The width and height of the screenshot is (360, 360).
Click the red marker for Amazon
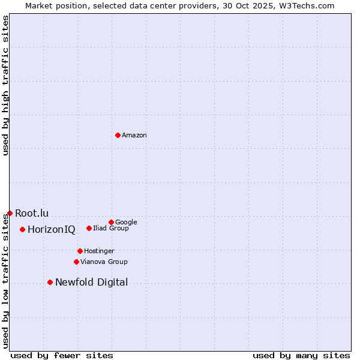pyautogui.click(x=118, y=135)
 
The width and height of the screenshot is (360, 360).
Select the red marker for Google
pyautogui.click(x=111, y=222)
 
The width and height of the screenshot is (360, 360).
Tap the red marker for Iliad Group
pyautogui.click(x=89, y=228)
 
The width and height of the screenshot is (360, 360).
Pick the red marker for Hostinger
pyautogui.click(x=80, y=251)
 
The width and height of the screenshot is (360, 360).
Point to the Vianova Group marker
pyautogui.click(x=76, y=262)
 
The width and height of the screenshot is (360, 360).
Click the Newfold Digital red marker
pyautogui.click(x=50, y=282)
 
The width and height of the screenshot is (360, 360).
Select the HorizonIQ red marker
pyautogui.click(x=22, y=229)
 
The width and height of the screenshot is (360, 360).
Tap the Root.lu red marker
pyautogui.click(x=10, y=213)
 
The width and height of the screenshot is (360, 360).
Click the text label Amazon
pyautogui.click(x=134, y=136)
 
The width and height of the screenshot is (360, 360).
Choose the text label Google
pyautogui.click(x=126, y=222)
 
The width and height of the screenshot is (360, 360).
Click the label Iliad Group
pyautogui.click(x=111, y=228)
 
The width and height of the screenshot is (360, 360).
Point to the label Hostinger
pyautogui.click(x=99, y=251)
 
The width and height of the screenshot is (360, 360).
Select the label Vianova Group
pyautogui.click(x=104, y=262)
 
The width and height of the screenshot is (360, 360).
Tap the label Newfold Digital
pyautogui.click(x=91, y=283)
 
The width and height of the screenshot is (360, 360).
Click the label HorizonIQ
pyautogui.click(x=52, y=230)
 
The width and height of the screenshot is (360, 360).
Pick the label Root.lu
pyautogui.click(x=32, y=213)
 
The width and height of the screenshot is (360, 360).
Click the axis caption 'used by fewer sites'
pyautogui.click(x=62, y=355)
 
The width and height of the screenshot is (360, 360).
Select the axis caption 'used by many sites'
pyautogui.click(x=301, y=355)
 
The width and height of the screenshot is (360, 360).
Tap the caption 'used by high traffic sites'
pyautogui.click(x=5, y=85)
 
